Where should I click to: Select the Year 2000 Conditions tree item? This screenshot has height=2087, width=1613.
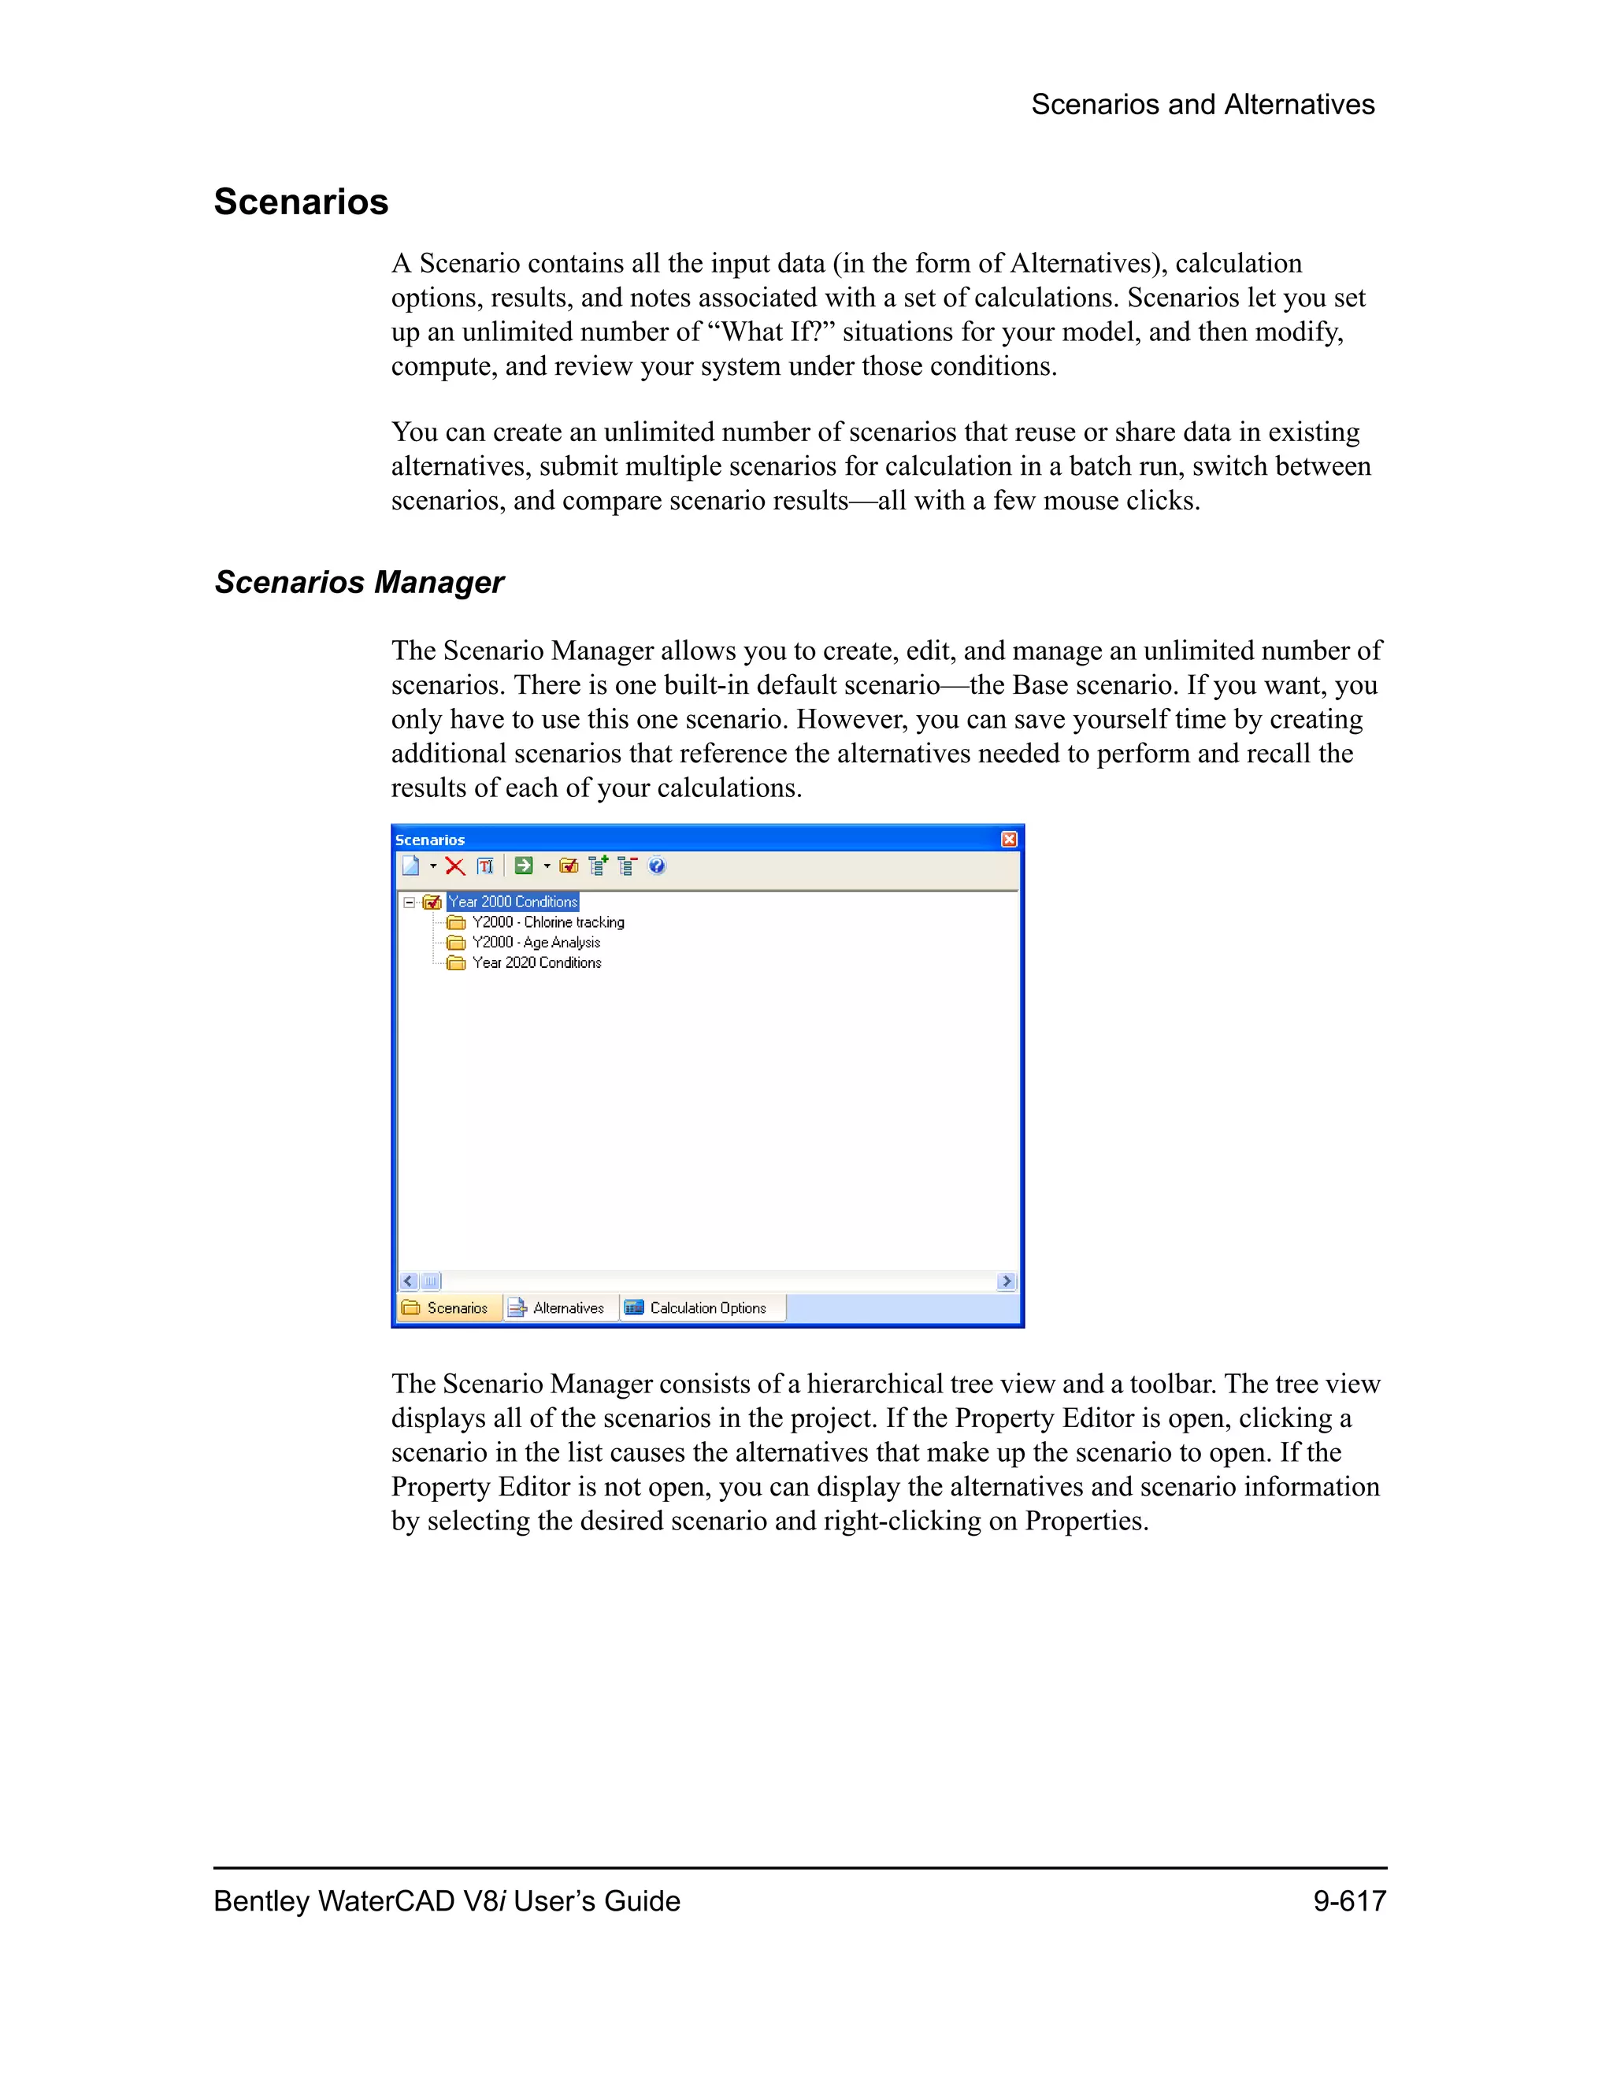514,901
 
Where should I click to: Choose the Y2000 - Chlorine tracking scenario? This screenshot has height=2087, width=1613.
547,922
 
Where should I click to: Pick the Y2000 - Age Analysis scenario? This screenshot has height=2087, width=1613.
536,942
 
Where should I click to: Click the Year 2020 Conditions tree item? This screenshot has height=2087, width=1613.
536,962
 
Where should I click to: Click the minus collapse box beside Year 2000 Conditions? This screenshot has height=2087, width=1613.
409,901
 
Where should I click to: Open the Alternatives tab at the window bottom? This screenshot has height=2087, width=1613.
558,1307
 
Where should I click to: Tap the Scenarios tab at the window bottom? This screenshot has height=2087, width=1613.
447,1307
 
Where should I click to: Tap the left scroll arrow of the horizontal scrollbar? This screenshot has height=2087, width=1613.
409,1281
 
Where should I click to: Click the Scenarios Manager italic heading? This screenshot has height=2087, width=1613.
359,582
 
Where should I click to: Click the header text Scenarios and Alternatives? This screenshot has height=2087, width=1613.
1202,104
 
